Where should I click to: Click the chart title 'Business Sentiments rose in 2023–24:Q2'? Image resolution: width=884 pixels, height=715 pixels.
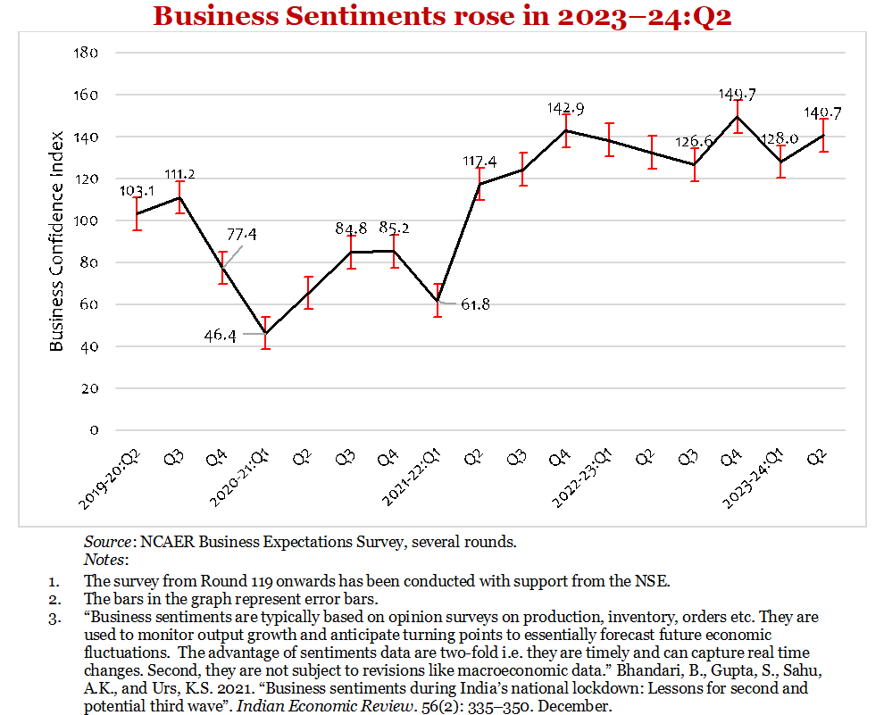tap(442, 16)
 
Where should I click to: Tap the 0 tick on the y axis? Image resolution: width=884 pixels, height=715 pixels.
tap(91, 430)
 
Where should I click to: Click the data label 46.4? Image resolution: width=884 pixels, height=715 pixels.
tap(220, 337)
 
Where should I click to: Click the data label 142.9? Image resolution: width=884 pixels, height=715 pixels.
tap(565, 108)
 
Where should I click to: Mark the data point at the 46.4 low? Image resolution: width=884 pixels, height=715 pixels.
tap(265, 333)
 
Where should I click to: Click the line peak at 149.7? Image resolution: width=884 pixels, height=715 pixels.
tap(738, 116)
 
